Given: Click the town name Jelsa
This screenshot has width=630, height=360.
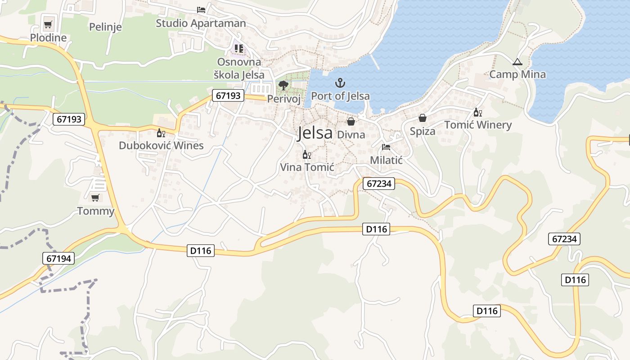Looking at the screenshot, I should click(315, 133).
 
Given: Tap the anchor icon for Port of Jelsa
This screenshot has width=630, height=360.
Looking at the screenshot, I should click(340, 83).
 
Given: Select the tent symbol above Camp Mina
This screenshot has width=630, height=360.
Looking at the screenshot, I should click(517, 62).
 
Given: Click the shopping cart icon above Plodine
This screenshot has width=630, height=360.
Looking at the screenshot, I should click(48, 24).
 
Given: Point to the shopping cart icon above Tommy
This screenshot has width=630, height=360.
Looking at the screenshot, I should click(95, 198).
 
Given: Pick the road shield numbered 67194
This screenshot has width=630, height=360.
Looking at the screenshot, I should click(59, 258).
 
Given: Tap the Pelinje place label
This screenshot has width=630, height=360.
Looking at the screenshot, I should click(105, 27).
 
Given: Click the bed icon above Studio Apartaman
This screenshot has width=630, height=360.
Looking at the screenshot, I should click(201, 9).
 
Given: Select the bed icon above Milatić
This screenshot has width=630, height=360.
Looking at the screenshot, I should click(386, 147).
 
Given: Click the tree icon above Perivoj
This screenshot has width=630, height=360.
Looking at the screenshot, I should click(283, 85).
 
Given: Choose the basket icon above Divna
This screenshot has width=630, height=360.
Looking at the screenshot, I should click(351, 121).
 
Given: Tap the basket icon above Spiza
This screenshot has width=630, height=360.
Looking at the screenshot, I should click(422, 118).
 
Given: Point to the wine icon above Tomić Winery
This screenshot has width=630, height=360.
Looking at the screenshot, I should click(477, 112).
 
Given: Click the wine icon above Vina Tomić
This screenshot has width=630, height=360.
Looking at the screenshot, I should click(307, 155).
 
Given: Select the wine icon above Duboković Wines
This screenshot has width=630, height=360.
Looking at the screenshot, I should click(161, 133).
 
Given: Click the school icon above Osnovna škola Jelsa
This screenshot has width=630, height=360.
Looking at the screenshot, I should click(238, 48).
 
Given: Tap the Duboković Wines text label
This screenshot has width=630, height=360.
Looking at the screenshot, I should click(161, 145).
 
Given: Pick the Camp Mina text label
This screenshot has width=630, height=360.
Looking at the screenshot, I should click(517, 74).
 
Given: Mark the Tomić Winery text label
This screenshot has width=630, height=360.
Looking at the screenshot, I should click(478, 125).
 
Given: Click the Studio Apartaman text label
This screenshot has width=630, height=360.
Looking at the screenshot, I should click(201, 23).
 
